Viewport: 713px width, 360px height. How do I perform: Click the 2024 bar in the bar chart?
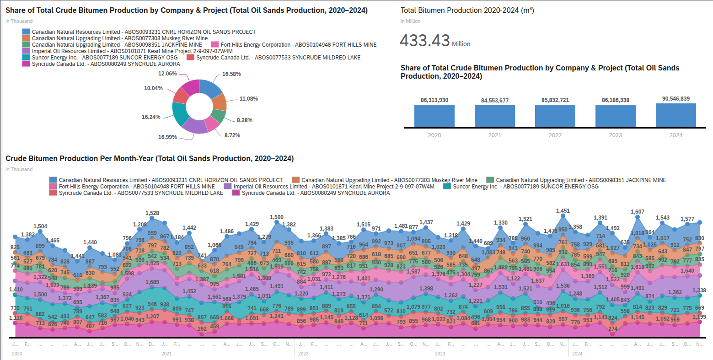pyautogui.click(x=675, y=115)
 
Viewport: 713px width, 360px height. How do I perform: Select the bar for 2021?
pyautogui.click(x=494, y=116)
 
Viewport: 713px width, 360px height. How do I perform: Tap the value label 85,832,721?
pyautogui.click(x=555, y=100)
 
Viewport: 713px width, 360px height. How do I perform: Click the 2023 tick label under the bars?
pyautogui.click(x=615, y=135)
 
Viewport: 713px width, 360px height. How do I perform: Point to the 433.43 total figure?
pyautogui.click(x=425, y=41)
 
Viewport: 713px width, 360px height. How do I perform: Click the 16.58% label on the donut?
pyautogui.click(x=231, y=74)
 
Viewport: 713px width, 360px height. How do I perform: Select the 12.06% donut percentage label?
pyautogui.click(x=167, y=73)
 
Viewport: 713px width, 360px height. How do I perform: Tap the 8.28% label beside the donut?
pyautogui.click(x=245, y=120)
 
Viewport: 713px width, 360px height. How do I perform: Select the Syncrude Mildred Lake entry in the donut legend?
pyautogui.click(x=278, y=58)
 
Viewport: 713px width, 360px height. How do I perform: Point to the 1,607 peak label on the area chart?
pyautogui.click(x=637, y=212)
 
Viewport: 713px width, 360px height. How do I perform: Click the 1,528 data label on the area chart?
pyautogui.click(x=152, y=213)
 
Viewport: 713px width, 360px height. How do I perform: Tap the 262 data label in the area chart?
pyautogui.click(x=202, y=328)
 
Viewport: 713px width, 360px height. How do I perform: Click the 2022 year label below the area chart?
pyautogui.click(x=303, y=354)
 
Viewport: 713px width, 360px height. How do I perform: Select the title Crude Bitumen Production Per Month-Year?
pyautogui.click(x=150, y=159)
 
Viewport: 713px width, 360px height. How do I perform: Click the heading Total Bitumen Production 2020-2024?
pyautogui.click(x=467, y=10)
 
